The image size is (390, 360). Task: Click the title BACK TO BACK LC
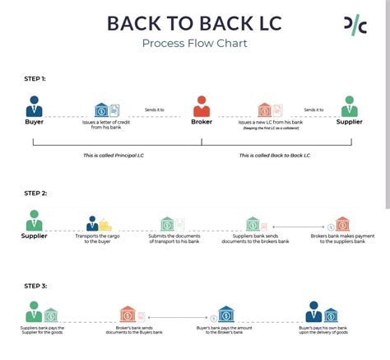(x=194, y=22)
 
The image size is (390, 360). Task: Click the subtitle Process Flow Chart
(x=194, y=44)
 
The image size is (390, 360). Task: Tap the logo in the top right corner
(x=355, y=26)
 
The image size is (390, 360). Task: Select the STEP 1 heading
(x=35, y=78)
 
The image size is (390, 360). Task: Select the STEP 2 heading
(x=35, y=194)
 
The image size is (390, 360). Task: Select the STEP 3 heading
(x=35, y=286)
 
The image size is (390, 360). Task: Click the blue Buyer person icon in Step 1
(x=34, y=107)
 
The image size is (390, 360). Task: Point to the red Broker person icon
(x=202, y=107)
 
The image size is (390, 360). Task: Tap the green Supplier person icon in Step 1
(x=350, y=107)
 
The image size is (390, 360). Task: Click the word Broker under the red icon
(x=202, y=123)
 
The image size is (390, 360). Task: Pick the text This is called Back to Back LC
(x=274, y=155)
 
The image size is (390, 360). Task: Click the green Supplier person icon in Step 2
(x=34, y=221)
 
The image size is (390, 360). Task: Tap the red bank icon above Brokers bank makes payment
(x=341, y=223)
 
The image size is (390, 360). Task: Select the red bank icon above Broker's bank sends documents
(x=128, y=314)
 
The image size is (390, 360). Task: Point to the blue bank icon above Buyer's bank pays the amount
(x=225, y=314)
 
